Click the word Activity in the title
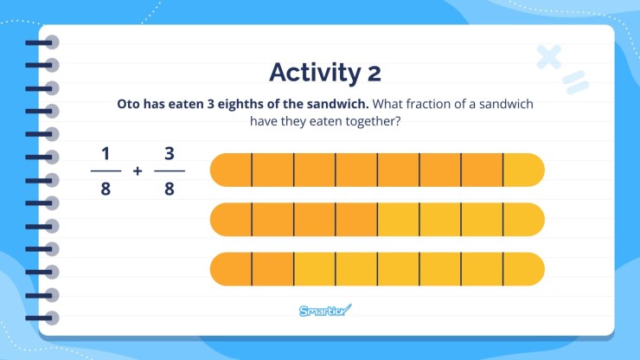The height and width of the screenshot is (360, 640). [x=309, y=72]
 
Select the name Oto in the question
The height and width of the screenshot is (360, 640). [x=130, y=104]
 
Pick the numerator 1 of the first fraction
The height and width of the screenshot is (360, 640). [x=106, y=153]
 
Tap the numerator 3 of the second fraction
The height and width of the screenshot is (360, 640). [x=170, y=153]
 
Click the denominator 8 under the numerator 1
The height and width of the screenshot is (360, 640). [x=106, y=187]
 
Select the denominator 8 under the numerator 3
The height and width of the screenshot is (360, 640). [x=170, y=187]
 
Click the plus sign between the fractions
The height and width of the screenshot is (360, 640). [x=138, y=170]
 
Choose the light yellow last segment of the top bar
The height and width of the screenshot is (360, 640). [x=523, y=170]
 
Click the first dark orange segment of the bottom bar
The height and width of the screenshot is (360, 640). [x=231, y=269]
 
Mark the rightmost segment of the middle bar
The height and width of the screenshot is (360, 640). [x=523, y=219]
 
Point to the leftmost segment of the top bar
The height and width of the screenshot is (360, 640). [x=231, y=170]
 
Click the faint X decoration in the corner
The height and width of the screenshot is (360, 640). [x=548, y=56]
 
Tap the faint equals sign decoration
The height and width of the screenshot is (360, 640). [x=573, y=82]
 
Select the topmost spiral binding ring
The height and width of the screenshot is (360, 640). [x=51, y=42]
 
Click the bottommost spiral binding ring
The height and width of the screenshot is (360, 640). [x=51, y=318]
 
